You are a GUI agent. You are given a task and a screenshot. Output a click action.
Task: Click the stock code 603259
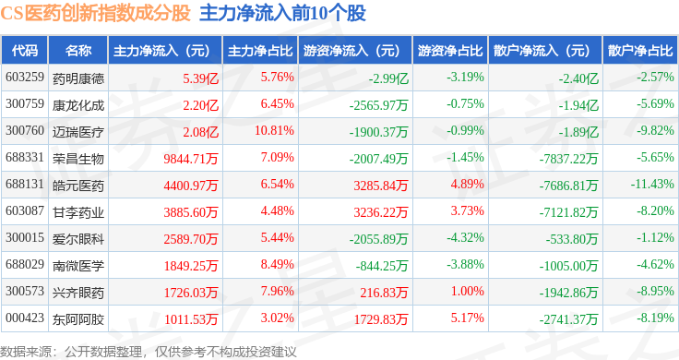pos(25,78)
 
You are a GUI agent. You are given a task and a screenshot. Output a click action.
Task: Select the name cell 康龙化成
pos(78,105)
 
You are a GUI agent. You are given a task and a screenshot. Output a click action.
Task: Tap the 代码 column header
pos(25,51)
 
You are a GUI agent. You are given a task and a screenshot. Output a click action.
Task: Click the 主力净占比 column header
pos(260,51)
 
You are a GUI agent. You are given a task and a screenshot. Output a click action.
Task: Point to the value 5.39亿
pos(200,78)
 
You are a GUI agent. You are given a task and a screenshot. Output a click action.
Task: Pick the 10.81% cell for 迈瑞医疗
pos(274,130)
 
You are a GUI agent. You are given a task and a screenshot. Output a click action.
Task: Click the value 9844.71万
pos(191,159)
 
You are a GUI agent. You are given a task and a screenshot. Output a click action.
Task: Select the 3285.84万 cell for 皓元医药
pos(381,186)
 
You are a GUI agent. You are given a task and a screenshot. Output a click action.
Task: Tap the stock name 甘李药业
pos(78,212)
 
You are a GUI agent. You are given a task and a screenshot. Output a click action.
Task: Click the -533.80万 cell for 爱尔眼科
pos(572,239)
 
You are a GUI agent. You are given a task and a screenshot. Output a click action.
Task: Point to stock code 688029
pos(25,264)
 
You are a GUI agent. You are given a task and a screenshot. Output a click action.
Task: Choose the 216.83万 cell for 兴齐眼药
pos(384,293)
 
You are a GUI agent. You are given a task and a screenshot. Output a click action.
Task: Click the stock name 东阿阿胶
pos(78,319)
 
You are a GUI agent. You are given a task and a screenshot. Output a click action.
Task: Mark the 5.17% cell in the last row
pos(467,318)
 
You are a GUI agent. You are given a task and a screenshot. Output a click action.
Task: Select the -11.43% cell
pos(652,184)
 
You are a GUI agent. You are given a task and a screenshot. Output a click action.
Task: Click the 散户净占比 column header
pos(640,51)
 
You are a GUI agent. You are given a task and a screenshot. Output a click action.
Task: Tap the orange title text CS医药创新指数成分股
pos(95,13)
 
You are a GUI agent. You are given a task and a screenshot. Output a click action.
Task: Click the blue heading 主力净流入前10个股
pos(283,13)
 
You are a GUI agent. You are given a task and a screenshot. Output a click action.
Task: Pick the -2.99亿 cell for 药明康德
pos(388,78)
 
